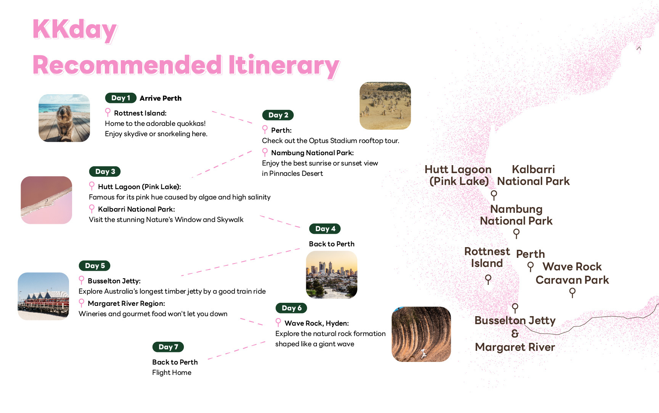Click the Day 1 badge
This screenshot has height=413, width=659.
pos(121,98)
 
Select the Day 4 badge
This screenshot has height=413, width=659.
pos(325,229)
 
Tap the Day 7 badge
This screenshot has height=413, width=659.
pos(168,347)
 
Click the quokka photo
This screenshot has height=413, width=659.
pos(64,118)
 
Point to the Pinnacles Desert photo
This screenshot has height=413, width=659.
pos(385,106)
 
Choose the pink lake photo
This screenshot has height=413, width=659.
pos(47,200)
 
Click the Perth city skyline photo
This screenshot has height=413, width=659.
pos(331,275)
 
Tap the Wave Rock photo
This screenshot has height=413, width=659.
pos(421,334)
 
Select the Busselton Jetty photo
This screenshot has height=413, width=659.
pos(43,296)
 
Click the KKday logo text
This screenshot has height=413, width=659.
pos(75,29)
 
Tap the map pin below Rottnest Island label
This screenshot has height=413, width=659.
pos(488,279)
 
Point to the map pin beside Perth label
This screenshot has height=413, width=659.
pos(530,266)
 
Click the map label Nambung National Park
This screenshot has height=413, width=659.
pos(516,215)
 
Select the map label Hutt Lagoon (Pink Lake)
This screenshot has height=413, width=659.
pos(458,175)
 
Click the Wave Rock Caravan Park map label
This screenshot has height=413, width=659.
pos(572,273)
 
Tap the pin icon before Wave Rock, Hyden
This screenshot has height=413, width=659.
pos(278,323)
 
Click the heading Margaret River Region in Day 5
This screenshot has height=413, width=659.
pos(126,304)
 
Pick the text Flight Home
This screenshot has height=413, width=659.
pos(172,373)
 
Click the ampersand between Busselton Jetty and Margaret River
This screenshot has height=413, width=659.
pos(515,334)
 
